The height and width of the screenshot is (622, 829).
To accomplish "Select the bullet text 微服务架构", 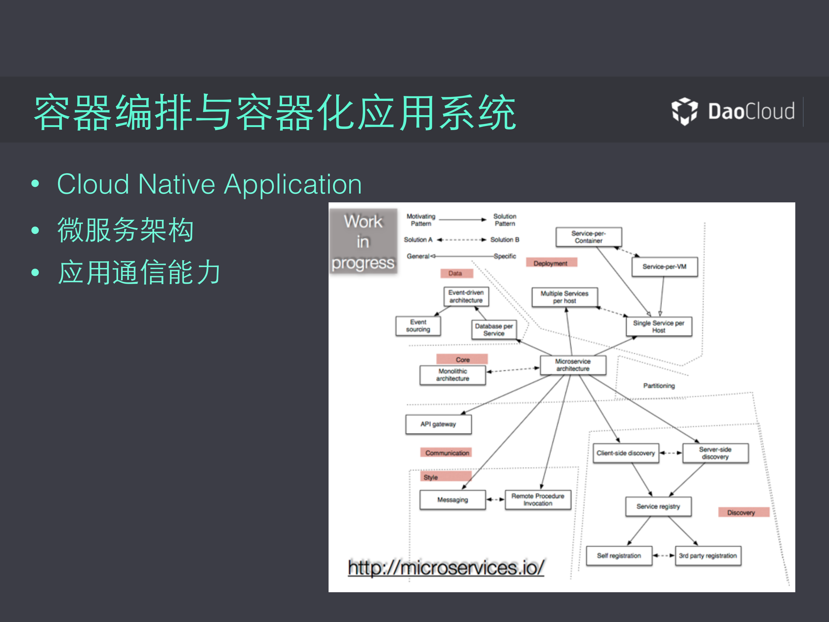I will (125, 230).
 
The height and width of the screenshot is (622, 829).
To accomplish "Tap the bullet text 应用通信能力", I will (139, 273).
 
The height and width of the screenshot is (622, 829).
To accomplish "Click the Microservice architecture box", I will (573, 365).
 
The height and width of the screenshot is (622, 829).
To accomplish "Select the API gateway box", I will (438, 424).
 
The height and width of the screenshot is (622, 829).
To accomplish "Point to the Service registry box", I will (658, 507).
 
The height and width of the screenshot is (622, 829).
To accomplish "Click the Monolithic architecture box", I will (452, 375).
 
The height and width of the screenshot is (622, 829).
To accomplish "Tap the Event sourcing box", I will (418, 326).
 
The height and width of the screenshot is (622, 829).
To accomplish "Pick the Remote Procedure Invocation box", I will (538, 500).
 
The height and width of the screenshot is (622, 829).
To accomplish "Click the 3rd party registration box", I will (708, 556).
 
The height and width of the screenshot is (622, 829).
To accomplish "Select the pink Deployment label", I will (551, 263).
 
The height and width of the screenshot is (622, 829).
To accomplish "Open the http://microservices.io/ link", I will (445, 568).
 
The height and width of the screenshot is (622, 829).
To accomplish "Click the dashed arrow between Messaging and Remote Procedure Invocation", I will (495, 500).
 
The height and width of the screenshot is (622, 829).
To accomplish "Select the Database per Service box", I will (493, 330).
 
